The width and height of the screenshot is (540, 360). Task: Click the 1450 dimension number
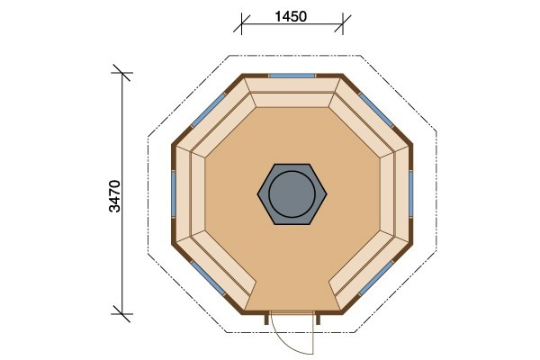click(x=292, y=16)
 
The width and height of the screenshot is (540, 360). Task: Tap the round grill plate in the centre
click(x=293, y=193)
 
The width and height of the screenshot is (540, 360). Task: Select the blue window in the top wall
click(x=292, y=76)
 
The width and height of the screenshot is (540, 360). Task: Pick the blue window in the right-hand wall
click(x=411, y=193)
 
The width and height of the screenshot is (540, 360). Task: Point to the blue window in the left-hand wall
click(x=174, y=193)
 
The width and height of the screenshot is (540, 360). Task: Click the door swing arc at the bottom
click(x=286, y=342)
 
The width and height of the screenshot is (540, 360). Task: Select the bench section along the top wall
click(x=292, y=94)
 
